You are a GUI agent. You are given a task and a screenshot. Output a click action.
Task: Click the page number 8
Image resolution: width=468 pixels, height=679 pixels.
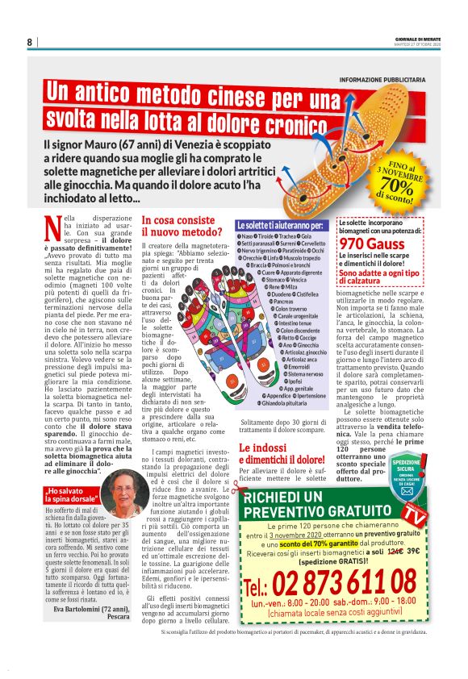(29, 42)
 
